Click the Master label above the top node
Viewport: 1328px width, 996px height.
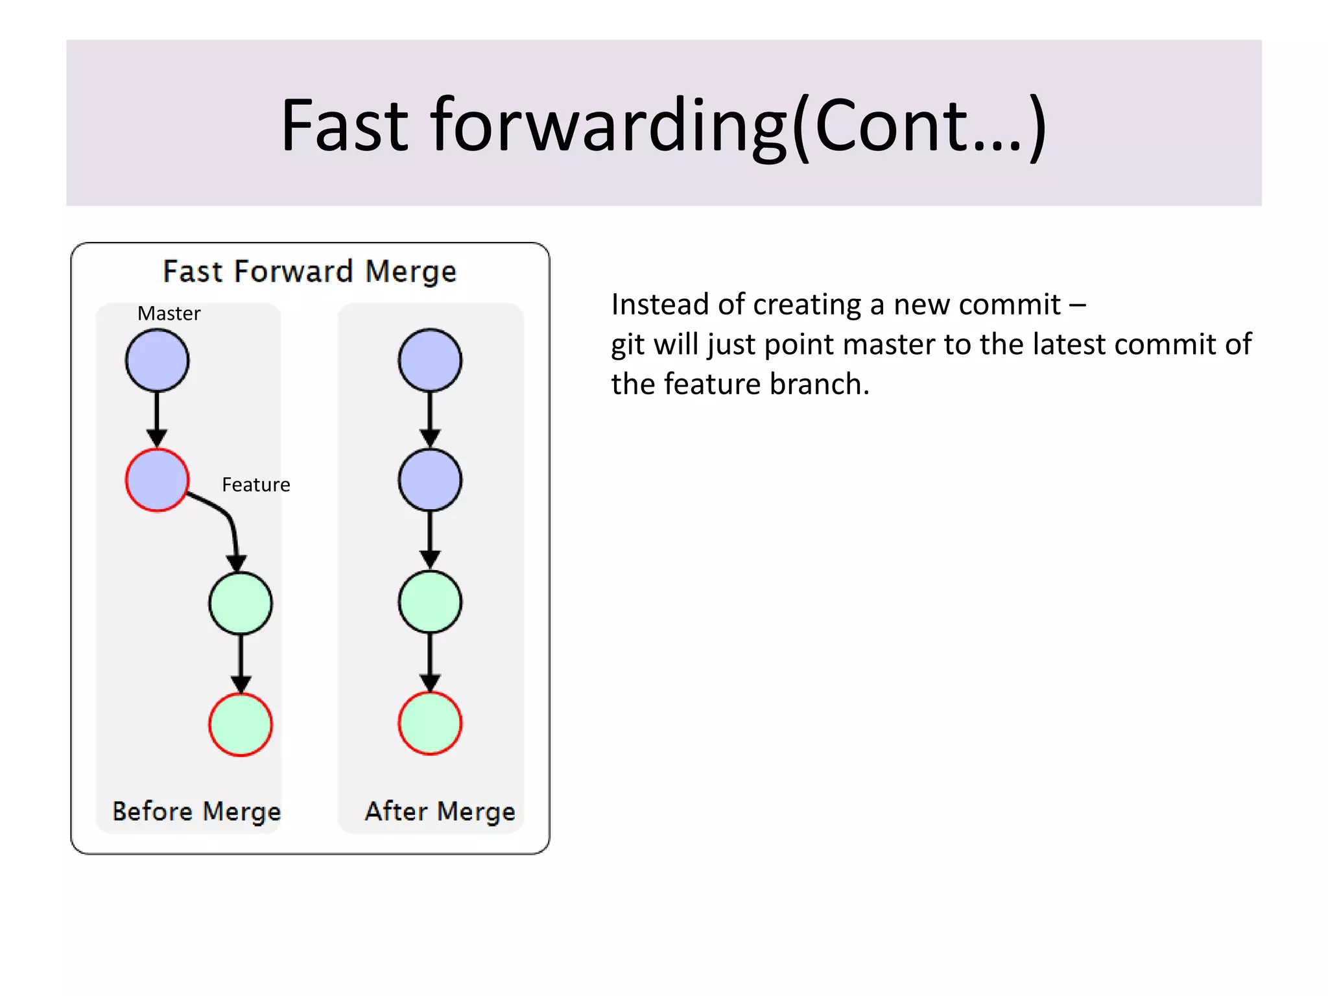169,314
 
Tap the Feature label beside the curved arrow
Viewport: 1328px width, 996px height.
255,485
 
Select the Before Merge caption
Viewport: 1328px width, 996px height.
196,812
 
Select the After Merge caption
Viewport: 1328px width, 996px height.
440,812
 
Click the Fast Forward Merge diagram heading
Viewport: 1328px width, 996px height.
309,271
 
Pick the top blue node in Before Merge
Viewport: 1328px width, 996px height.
157,361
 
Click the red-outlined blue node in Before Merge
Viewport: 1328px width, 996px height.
157,480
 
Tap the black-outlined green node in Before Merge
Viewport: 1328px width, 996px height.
241,603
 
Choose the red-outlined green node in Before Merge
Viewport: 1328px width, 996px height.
241,724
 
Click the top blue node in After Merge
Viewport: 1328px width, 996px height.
430,361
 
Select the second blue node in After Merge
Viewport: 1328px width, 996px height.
430,480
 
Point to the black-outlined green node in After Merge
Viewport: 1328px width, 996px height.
430,602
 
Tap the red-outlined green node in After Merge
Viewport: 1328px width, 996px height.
430,723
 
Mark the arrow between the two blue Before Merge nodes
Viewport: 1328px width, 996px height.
157,419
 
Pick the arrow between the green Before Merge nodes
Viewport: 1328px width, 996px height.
241,663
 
